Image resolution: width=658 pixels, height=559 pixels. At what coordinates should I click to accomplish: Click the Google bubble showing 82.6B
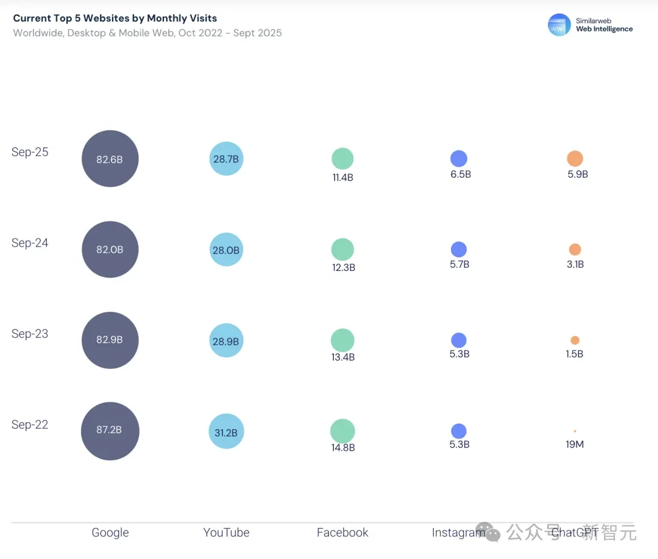(110, 159)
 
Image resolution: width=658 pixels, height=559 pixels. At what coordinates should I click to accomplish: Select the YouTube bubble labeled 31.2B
(226, 432)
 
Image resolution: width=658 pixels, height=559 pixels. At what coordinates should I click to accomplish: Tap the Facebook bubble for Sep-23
(342, 340)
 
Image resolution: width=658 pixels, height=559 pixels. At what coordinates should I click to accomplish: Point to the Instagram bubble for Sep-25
(459, 159)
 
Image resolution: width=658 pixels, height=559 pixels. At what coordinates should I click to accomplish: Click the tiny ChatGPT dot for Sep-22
(575, 431)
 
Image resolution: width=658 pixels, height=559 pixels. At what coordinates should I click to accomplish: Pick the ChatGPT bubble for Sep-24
(575, 250)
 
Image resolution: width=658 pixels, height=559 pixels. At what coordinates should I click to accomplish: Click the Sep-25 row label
(30, 152)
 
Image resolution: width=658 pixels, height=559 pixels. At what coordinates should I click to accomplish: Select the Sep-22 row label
(30, 424)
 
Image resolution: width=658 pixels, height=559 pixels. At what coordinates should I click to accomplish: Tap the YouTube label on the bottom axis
(226, 533)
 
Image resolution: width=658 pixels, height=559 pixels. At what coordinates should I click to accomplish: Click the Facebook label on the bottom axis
(342, 533)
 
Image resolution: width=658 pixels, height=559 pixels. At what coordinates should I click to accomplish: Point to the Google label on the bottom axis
(110, 533)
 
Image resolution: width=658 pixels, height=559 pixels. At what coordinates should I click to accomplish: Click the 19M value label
(575, 445)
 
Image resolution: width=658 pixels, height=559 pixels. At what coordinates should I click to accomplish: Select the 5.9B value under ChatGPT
(578, 174)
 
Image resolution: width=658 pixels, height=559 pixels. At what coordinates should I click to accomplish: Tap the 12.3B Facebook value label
(344, 267)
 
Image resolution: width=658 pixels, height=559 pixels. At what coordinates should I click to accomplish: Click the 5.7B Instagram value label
(459, 264)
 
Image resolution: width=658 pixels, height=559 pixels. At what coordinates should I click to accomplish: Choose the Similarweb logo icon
(559, 25)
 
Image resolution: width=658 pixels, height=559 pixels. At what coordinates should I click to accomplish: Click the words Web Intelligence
(604, 29)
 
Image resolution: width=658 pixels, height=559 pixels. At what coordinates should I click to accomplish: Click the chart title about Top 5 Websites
(115, 18)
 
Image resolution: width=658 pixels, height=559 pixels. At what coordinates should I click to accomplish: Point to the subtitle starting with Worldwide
(147, 33)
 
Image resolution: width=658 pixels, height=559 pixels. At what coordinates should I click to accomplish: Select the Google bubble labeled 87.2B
(110, 431)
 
